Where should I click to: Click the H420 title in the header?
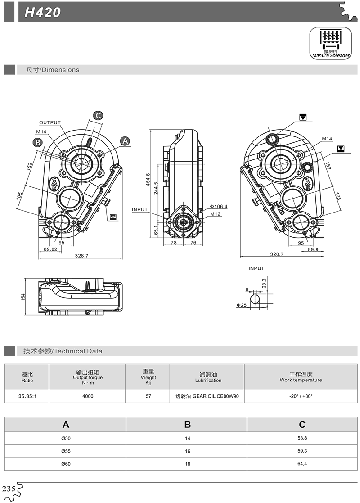(42, 12)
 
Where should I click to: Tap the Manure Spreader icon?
(330, 43)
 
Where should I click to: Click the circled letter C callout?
(98, 115)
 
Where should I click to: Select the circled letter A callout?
(125, 141)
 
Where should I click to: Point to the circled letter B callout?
(38, 142)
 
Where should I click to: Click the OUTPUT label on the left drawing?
(49, 122)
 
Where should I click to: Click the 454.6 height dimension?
(148, 179)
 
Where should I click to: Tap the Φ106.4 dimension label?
(219, 206)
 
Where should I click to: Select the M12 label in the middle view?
(216, 214)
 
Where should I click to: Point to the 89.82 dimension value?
(50, 249)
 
